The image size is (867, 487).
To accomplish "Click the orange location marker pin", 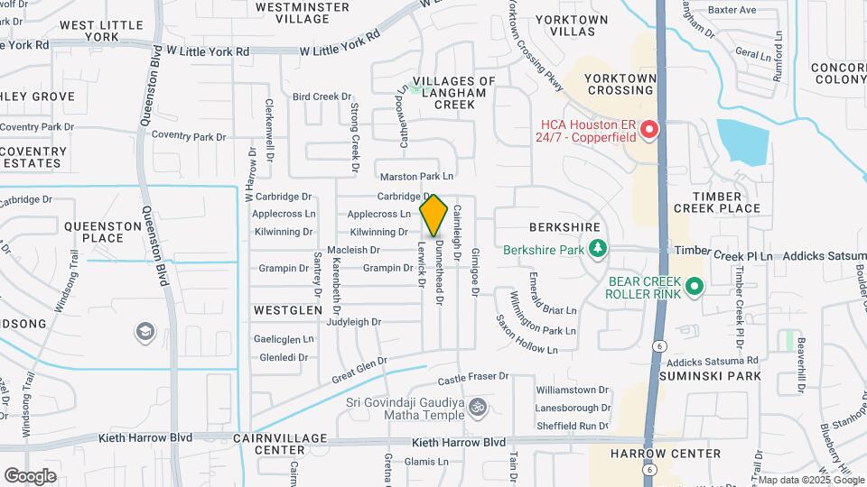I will (x=434, y=215).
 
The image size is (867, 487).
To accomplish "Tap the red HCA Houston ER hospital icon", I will (x=649, y=132).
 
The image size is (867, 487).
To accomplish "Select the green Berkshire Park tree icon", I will (x=596, y=248).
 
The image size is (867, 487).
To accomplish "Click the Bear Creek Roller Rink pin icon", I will (x=694, y=287).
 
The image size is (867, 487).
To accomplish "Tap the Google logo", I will (x=30, y=475).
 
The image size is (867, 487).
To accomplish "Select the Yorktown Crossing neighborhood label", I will (x=620, y=85).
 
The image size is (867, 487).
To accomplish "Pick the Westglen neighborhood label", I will (x=287, y=309).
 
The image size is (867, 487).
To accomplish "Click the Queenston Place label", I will (x=89, y=232).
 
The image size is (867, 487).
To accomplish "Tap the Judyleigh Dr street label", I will (x=355, y=322).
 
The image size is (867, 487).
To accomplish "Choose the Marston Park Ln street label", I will (x=416, y=177).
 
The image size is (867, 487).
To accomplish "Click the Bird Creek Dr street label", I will (x=321, y=96).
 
